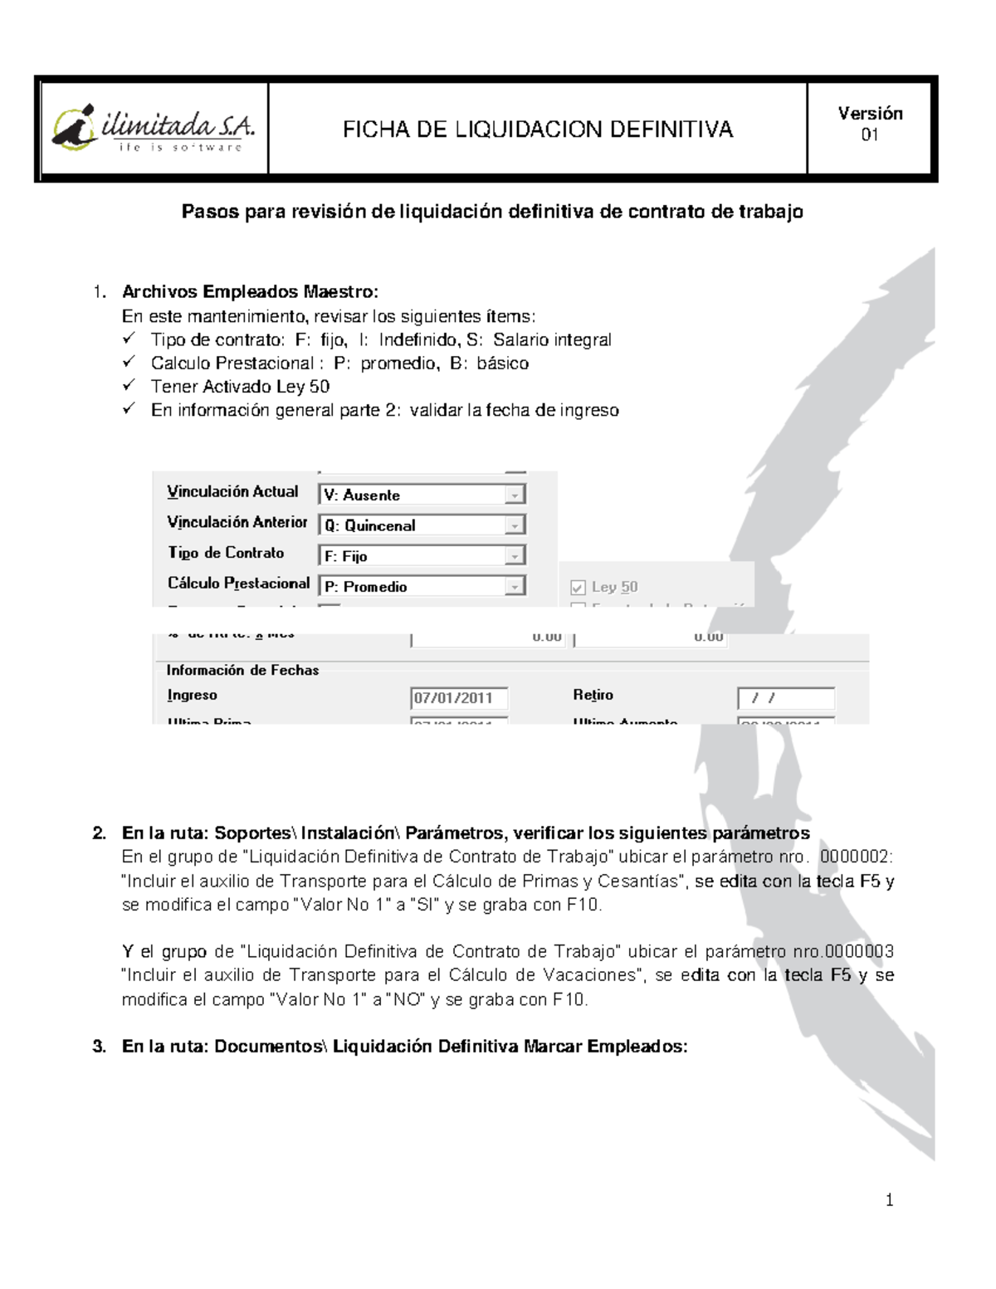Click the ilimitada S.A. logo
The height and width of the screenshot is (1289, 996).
(x=154, y=129)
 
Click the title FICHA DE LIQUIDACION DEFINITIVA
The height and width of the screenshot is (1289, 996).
(x=538, y=129)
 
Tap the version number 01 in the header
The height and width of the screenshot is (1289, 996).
(x=869, y=135)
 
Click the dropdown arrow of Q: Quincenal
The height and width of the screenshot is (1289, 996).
(x=515, y=525)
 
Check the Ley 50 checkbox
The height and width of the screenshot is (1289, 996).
(x=579, y=588)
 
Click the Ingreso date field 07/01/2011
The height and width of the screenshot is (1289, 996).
(x=459, y=698)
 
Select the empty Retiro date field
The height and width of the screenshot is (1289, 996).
(x=785, y=698)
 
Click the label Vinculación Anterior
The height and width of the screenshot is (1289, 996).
(x=237, y=522)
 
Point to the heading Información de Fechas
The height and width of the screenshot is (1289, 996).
(x=242, y=670)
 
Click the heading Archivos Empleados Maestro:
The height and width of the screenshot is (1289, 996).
(x=250, y=291)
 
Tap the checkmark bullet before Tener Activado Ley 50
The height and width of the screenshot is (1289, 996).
(x=129, y=385)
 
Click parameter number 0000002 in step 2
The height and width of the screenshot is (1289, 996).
(x=856, y=857)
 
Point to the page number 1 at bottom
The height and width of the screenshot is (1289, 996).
(x=889, y=1199)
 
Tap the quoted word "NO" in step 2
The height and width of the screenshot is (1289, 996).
(x=408, y=999)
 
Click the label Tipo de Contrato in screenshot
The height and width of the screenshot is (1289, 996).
(x=226, y=553)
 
